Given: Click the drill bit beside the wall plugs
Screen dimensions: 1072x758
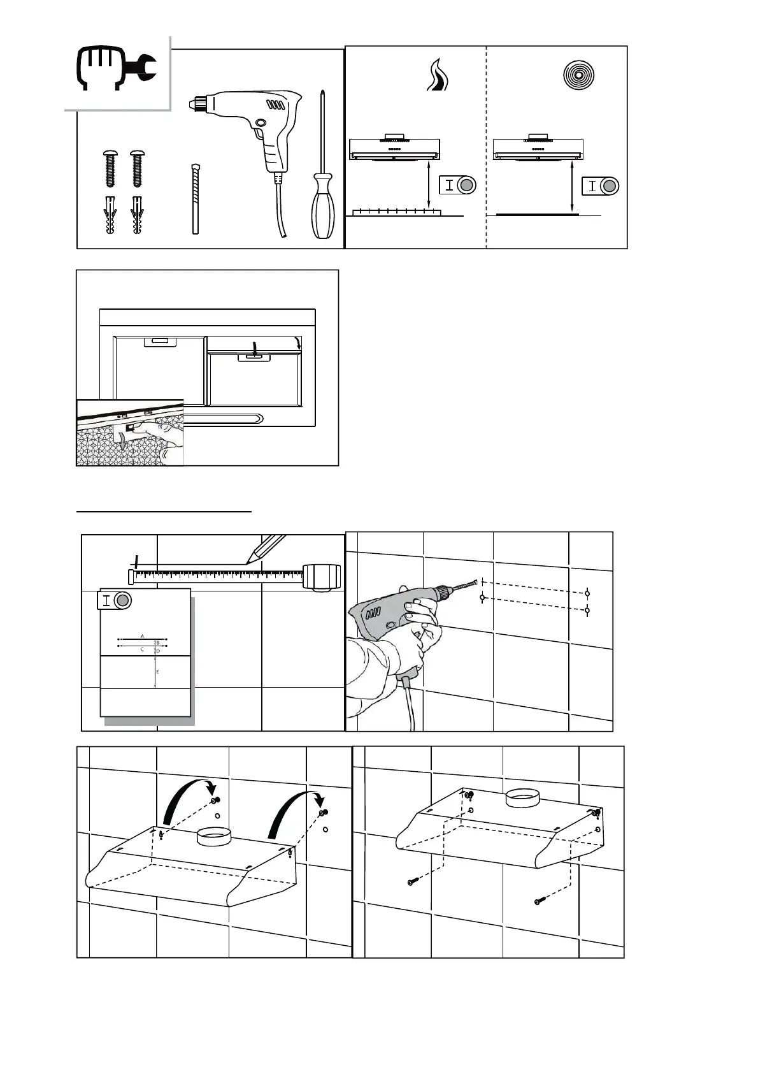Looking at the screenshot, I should [x=196, y=199].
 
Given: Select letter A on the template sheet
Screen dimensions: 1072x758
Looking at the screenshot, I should [x=143, y=636].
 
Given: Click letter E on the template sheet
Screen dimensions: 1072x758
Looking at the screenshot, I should [x=157, y=672].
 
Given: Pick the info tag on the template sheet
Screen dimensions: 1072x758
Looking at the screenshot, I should [x=115, y=600].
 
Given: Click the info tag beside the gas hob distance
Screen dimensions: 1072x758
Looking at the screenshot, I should [x=458, y=185].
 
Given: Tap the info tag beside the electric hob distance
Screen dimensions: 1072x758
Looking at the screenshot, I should [x=601, y=186].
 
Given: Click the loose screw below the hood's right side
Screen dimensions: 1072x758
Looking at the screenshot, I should [x=541, y=900].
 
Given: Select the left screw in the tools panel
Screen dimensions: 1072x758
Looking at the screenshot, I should [x=110, y=168].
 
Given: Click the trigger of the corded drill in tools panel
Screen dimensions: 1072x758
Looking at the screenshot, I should [x=261, y=135].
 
